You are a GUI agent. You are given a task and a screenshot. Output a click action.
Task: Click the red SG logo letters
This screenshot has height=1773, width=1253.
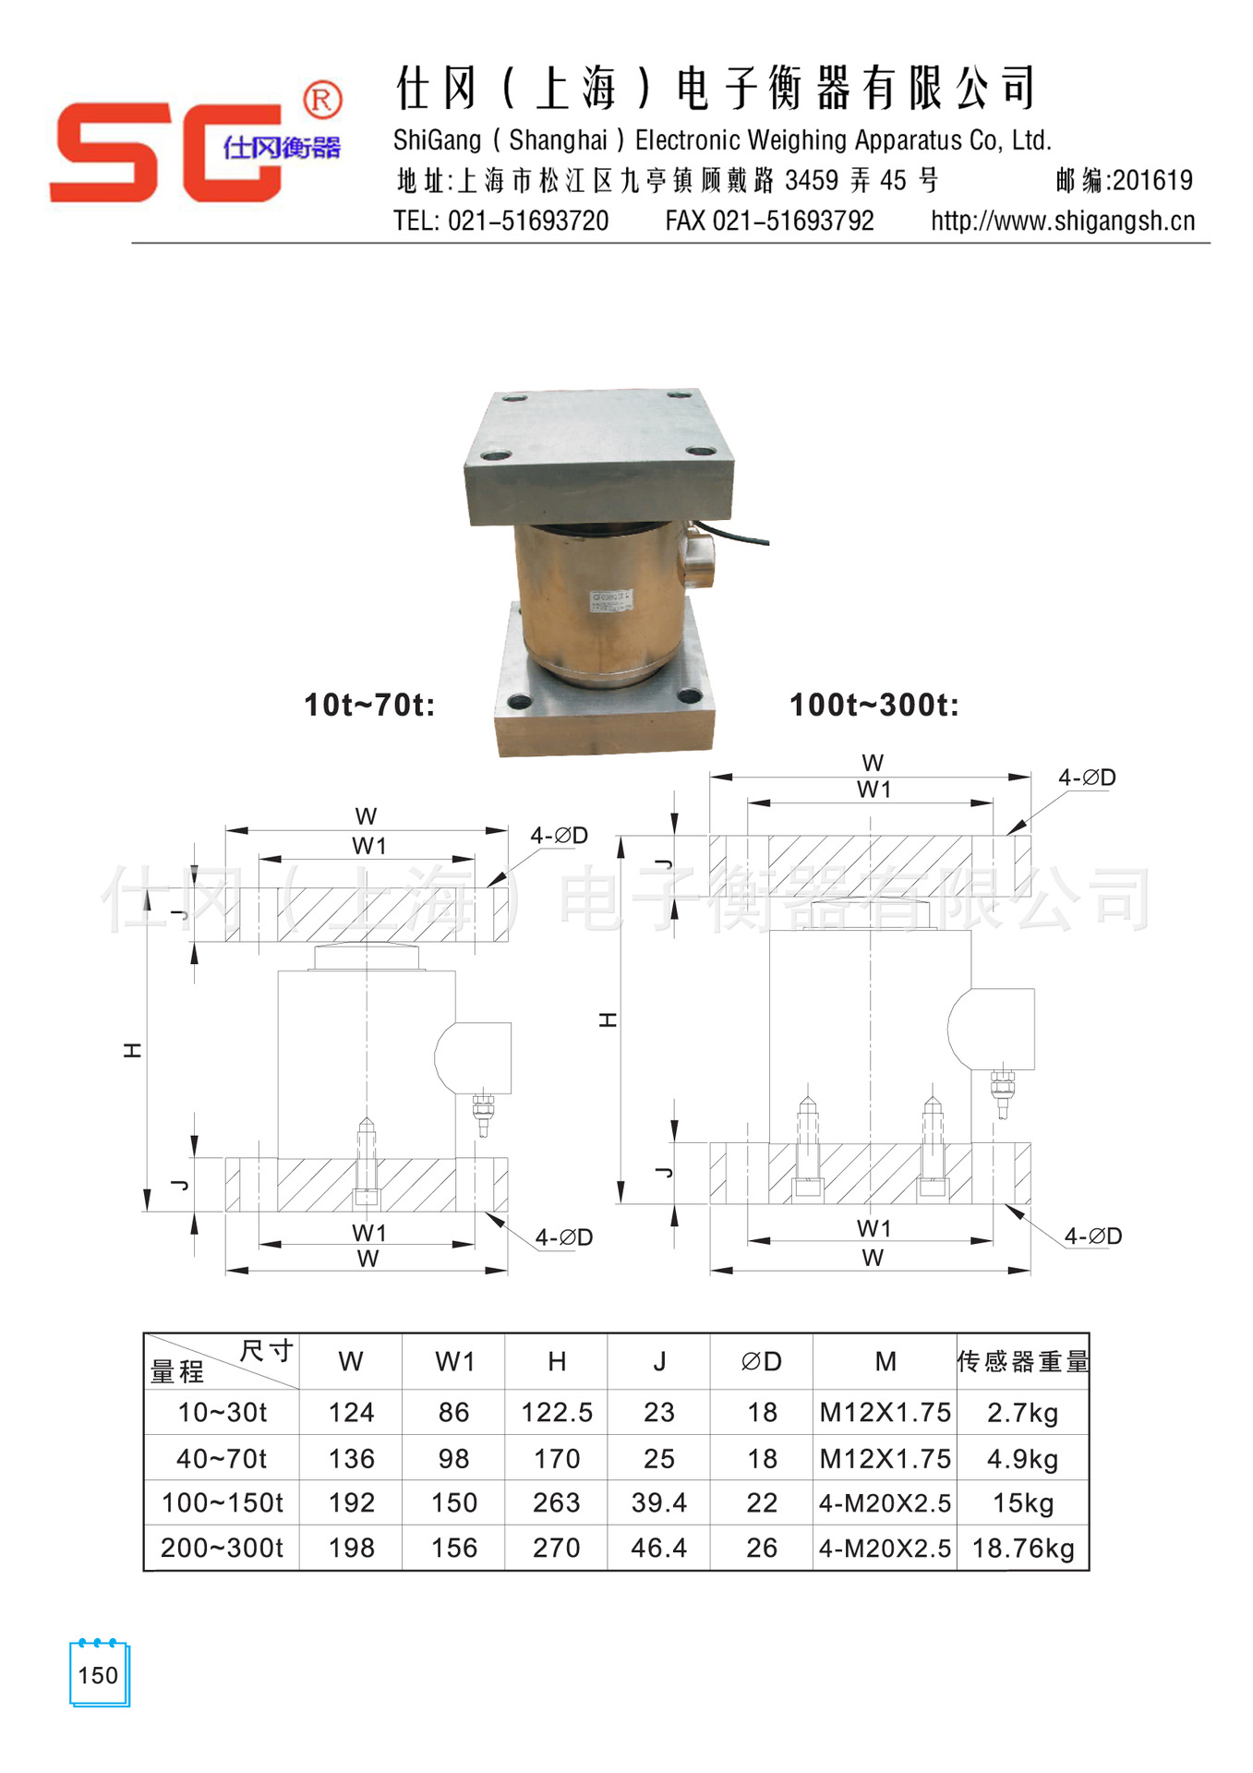(166, 151)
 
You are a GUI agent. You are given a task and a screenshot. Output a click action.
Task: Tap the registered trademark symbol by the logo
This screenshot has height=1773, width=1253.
(322, 100)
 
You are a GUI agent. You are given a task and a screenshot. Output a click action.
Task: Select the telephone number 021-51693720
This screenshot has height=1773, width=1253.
(528, 221)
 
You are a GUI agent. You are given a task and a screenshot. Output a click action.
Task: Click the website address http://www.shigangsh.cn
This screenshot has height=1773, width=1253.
(1063, 221)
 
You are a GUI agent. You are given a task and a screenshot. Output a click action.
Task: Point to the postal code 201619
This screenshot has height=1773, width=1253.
(1152, 180)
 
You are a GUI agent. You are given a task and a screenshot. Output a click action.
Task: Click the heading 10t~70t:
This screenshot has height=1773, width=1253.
(369, 705)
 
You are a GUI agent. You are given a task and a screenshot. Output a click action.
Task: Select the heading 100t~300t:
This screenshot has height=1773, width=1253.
(873, 705)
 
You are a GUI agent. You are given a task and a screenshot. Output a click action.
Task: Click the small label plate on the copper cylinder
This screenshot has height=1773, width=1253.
(610, 600)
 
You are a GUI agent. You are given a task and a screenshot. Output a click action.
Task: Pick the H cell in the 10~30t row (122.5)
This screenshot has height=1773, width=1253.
(557, 1412)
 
